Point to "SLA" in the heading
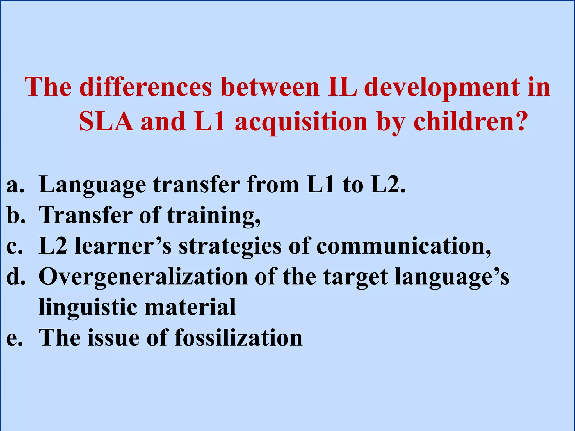(106, 121)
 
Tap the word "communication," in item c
(404, 246)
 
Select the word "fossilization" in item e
(238, 338)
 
